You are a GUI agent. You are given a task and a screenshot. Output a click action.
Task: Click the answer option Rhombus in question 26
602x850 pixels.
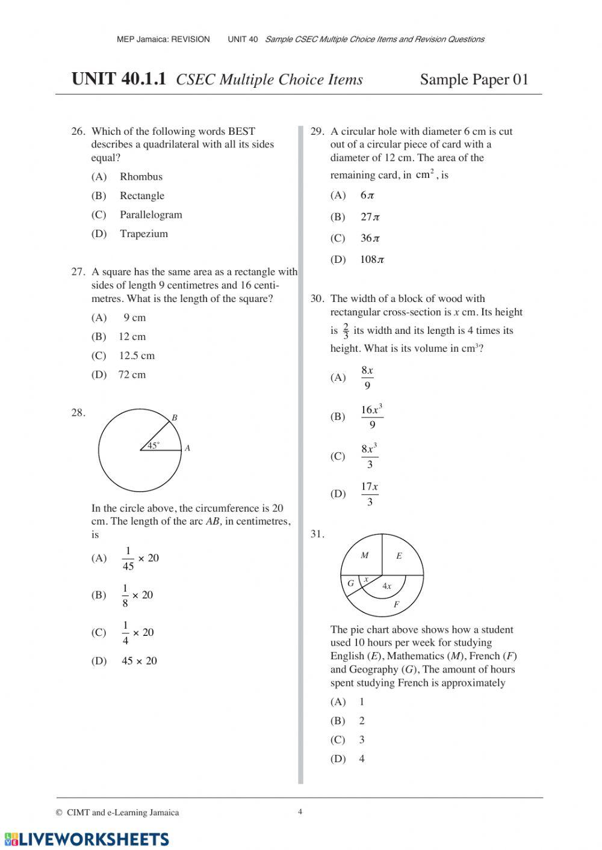click(140, 177)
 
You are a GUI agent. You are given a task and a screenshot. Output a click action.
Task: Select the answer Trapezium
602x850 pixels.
click(143, 234)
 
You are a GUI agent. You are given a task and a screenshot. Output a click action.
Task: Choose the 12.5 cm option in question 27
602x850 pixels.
click(136, 356)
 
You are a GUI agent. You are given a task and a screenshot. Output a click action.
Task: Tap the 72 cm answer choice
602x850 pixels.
click(132, 375)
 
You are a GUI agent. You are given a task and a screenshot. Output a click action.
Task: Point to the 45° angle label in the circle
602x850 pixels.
click(154, 446)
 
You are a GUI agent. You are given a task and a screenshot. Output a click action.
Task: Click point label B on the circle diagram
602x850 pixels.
click(175, 417)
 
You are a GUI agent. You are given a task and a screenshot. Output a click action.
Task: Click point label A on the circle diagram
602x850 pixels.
click(187, 448)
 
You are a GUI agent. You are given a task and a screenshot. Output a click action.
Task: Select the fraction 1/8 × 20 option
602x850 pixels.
click(138, 596)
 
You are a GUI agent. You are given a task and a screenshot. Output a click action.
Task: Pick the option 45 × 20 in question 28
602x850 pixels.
click(139, 661)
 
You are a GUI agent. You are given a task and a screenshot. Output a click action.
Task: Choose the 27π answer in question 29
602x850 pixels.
click(370, 217)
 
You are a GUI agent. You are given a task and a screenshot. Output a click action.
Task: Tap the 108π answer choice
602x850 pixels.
click(372, 260)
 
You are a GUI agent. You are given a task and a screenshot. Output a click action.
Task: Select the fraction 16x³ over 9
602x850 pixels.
click(371, 417)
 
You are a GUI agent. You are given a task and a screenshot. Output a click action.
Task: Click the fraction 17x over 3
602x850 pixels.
click(370, 494)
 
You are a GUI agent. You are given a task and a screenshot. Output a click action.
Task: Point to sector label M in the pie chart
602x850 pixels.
click(364, 556)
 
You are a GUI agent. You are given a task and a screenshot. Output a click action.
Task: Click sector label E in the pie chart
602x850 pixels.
click(399, 556)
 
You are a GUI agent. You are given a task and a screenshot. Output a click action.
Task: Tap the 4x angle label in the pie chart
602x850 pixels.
click(386, 586)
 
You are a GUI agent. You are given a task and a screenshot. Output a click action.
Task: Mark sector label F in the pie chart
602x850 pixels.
click(396, 605)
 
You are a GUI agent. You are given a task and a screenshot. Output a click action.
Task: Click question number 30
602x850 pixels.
click(317, 299)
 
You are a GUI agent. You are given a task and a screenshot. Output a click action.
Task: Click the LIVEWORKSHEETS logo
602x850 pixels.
click(87, 839)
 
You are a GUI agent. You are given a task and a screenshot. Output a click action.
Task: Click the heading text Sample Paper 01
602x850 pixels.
click(474, 80)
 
